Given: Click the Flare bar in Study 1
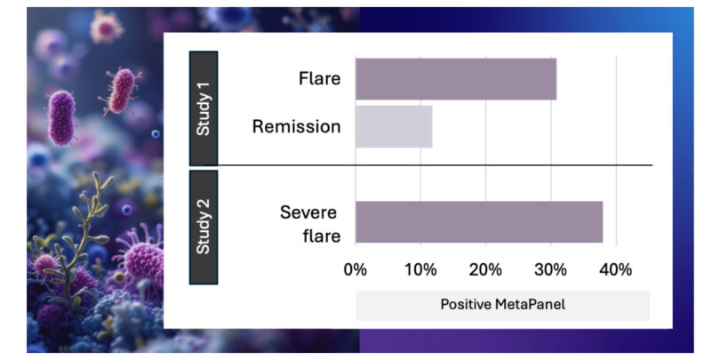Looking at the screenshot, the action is pos(456,79).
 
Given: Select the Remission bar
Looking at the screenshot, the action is pos(394,127).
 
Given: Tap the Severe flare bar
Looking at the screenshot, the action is pos(479,222).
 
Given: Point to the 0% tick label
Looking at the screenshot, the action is pos(355,269).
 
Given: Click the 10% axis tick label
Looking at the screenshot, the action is pos(420,269).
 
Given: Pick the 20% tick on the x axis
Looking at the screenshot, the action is pos(486,269).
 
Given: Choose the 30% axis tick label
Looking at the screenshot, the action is pos(551,269).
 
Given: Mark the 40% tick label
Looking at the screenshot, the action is pos(616,269).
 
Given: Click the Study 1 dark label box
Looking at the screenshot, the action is pos(204,108).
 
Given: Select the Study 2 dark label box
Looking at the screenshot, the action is pos(204,228).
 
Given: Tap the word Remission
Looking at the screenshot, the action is pos(297,127).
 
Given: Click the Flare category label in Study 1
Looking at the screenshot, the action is pos(320,78).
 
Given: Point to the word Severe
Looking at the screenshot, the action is pos(308,212).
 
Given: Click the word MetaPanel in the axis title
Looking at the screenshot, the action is pos(531,304).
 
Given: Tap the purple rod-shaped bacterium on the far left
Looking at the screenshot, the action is pos(61,117).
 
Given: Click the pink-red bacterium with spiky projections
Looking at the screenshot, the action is pos(121,91).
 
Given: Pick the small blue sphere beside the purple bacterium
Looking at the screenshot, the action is pos(156,133).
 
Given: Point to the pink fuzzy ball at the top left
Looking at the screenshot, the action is pos(107,27).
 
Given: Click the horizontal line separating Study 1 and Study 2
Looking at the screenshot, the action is pos(420,164).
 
